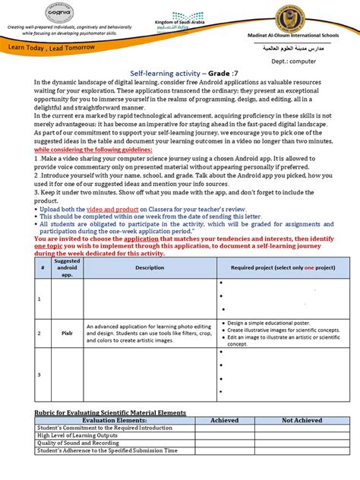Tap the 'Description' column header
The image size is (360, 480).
point(150,267)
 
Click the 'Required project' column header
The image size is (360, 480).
point(282,267)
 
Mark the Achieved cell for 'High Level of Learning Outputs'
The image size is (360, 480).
point(224,436)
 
